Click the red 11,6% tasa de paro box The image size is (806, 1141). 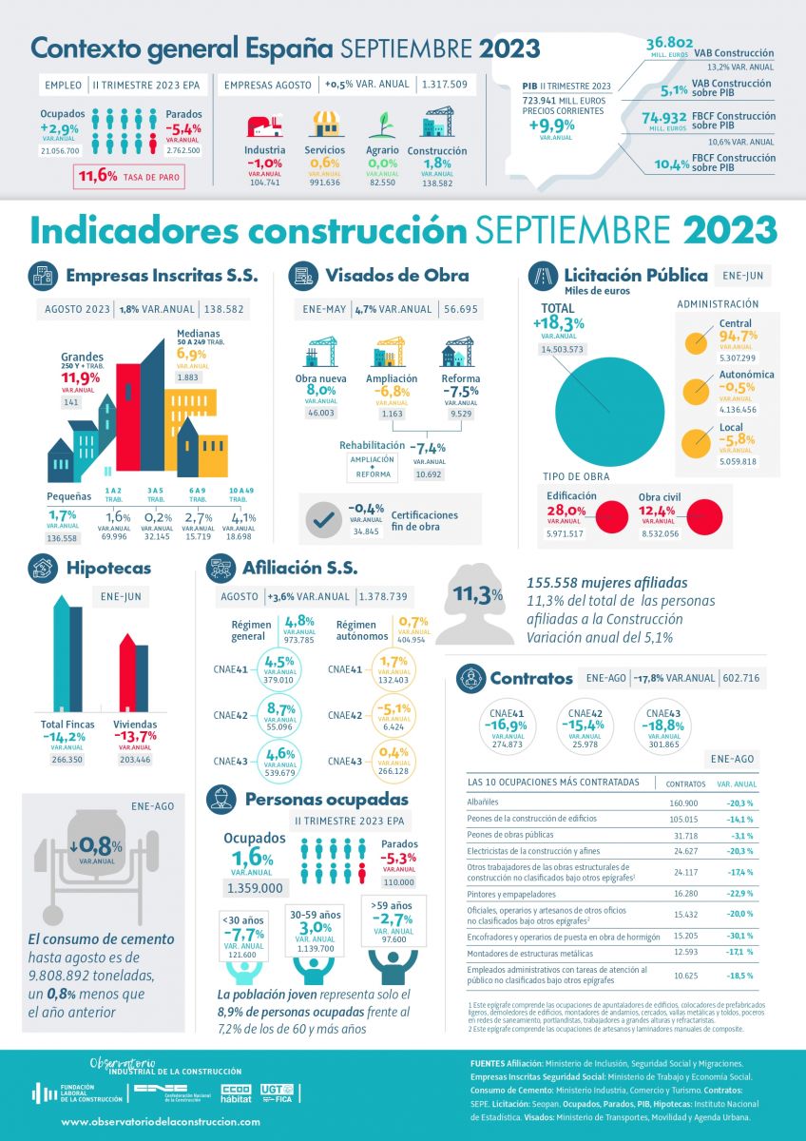[128, 176]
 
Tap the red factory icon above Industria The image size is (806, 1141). [264, 125]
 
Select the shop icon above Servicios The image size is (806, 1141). [325, 124]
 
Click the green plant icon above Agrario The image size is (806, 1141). [382, 125]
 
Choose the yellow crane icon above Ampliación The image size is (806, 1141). [392, 353]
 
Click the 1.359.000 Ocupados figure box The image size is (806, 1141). [255, 888]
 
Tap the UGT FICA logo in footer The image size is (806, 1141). [278, 1093]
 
